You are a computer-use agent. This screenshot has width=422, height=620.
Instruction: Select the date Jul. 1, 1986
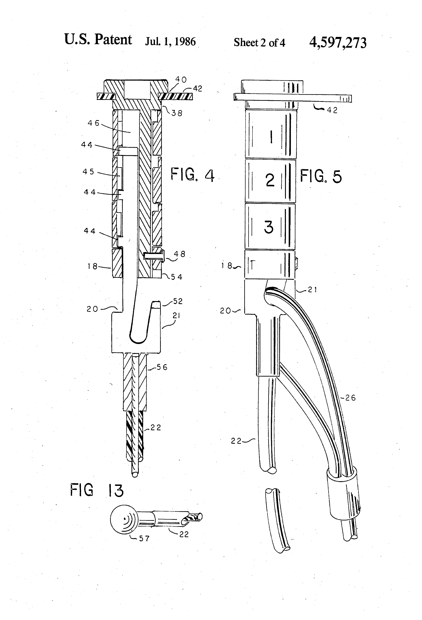coord(170,42)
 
